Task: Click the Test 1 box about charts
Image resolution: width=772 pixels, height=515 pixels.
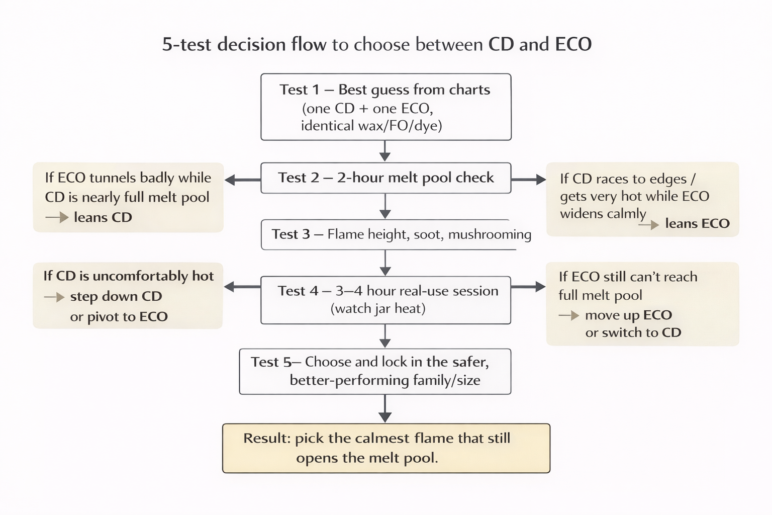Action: click(385, 107)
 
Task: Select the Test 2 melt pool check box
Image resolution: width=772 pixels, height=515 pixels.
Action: click(385, 178)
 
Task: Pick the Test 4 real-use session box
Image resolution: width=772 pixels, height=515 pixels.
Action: click(385, 300)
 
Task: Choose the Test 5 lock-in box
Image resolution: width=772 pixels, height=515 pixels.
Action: click(375, 371)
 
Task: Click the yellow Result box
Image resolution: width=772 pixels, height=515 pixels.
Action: click(386, 448)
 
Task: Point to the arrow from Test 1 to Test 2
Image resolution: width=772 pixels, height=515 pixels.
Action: click(385, 151)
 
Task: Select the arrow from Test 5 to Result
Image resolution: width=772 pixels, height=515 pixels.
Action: click(385, 408)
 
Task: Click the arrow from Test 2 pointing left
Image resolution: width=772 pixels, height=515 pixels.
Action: click(242, 180)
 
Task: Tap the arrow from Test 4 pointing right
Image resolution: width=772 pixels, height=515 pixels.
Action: click(528, 287)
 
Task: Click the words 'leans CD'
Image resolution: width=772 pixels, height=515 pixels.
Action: click(103, 217)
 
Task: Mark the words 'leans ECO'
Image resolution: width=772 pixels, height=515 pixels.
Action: click(697, 223)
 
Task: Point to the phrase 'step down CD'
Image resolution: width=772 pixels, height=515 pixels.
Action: click(116, 296)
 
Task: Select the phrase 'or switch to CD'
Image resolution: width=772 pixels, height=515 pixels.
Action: click(633, 332)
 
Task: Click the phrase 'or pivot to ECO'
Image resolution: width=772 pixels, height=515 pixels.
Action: click(119, 317)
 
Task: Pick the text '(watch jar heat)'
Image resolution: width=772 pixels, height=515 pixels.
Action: click(378, 308)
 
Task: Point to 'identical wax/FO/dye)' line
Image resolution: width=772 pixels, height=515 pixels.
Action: click(371, 125)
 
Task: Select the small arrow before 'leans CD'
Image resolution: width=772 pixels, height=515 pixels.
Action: click(57, 217)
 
